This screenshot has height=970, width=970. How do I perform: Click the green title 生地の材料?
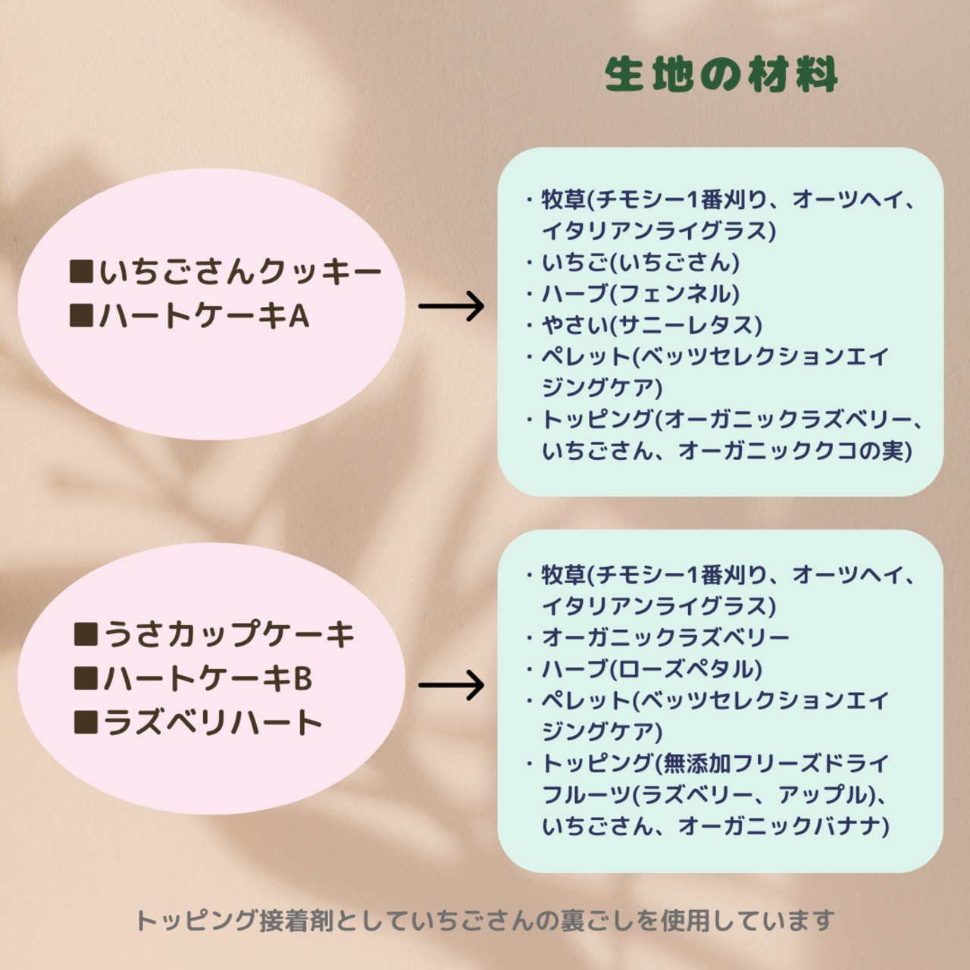pos(721,75)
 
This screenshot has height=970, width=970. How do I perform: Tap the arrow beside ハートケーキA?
pos(451,306)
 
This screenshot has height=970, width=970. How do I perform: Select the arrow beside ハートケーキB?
pos(451,685)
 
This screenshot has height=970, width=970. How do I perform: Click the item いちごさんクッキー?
pos(240,272)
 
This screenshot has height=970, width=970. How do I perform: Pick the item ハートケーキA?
pos(204,316)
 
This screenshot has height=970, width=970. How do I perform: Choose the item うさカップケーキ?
pos(230,635)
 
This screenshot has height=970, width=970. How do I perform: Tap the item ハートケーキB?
pos(208,678)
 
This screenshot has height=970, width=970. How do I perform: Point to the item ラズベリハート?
pos(213,722)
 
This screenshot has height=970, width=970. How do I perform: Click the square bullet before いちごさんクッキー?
pos(81,271)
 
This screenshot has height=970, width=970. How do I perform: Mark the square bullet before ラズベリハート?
pos(86,721)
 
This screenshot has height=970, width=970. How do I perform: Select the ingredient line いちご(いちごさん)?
pos(640,262)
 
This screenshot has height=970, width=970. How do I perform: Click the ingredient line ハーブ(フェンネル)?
pos(640,294)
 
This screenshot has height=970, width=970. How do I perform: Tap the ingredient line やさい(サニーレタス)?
pos(652,325)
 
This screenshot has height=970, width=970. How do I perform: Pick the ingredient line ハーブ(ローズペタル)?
pos(652,669)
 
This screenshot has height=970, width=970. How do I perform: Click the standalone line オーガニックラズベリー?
pos(665,638)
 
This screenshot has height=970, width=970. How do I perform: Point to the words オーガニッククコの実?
pos(796,451)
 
